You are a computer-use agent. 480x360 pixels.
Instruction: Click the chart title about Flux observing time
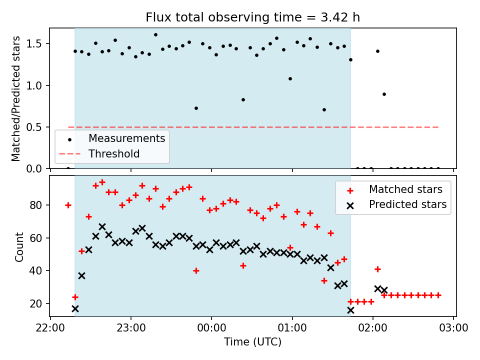[x=252, y=17]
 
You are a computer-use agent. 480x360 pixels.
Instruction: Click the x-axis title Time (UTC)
[x=252, y=342]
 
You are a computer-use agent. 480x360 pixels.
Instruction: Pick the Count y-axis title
[x=19, y=246]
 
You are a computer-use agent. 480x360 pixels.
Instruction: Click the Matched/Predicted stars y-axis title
[x=16, y=98]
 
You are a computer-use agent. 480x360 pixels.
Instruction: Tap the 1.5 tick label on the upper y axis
[x=36, y=44]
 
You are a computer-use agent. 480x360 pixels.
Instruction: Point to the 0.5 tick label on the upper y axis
[x=36, y=127]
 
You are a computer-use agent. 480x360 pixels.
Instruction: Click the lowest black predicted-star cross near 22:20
[x=75, y=308]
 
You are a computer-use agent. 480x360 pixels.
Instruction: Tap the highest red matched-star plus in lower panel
[x=102, y=182]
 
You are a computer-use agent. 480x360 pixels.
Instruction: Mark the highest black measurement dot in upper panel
[x=155, y=34]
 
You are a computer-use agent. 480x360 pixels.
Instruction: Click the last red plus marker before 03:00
[x=438, y=295]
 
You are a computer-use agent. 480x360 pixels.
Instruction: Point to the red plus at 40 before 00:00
[x=196, y=270]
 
